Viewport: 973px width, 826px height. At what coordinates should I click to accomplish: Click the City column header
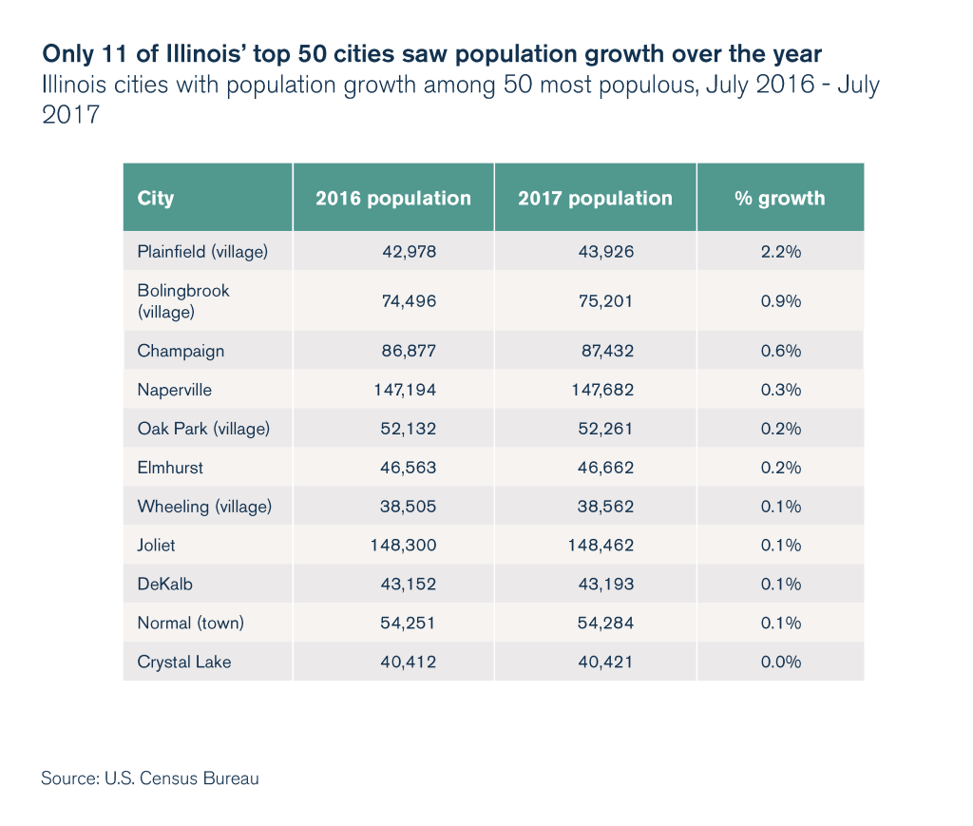156,199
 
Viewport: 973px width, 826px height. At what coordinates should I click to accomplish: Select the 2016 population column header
393,199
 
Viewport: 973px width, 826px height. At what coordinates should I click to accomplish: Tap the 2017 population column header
595,199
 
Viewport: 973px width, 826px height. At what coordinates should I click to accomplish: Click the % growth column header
780,199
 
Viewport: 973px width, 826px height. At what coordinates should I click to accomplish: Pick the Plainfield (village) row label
202,252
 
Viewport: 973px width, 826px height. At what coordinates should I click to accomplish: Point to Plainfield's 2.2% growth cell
781,252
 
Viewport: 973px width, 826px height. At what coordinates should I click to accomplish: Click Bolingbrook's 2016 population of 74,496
409,301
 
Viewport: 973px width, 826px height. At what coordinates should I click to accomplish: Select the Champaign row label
181,351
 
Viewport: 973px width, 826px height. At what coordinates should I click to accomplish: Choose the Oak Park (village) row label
203,429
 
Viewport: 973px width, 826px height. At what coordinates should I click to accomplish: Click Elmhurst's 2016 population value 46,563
409,468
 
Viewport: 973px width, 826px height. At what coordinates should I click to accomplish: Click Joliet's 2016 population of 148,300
403,546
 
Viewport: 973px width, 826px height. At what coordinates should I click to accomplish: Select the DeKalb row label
165,585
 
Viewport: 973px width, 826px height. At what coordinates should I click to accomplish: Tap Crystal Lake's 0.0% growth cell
781,663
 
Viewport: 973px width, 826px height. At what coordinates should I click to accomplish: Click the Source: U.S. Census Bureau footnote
150,778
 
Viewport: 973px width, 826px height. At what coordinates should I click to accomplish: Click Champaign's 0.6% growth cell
781,351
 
